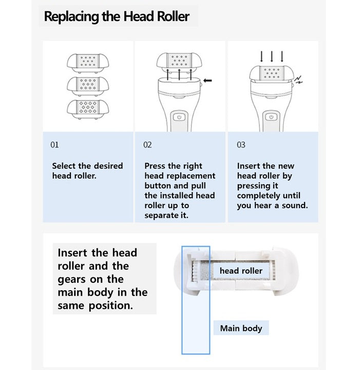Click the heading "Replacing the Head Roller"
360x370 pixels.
coord(117,16)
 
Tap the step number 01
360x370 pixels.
coord(54,145)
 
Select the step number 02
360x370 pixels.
coord(147,145)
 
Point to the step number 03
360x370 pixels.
coord(241,145)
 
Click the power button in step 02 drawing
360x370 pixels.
coord(179,117)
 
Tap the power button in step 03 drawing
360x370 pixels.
coord(271,117)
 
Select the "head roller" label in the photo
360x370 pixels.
coord(241,271)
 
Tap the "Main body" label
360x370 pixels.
coord(241,328)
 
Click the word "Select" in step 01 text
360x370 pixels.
coord(64,166)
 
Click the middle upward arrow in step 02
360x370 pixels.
coord(179,75)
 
